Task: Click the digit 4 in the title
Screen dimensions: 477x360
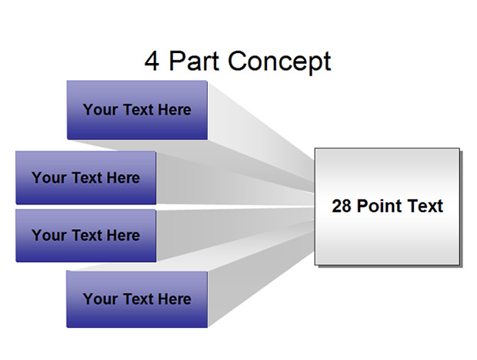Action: (152, 61)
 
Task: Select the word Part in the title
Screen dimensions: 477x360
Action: (194, 61)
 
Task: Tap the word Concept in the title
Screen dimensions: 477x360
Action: (279, 62)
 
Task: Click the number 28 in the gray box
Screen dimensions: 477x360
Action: (342, 206)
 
